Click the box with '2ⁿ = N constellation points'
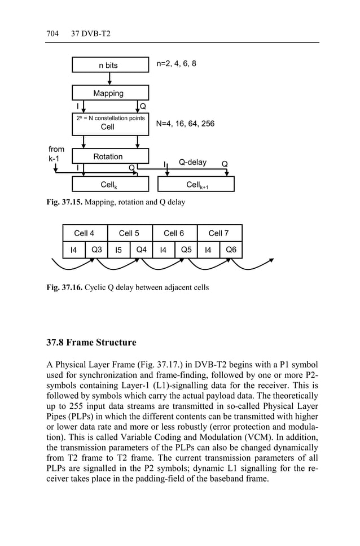110,123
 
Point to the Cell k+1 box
196,185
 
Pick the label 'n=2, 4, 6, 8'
176,64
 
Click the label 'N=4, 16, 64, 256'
185,123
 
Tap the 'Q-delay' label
192,163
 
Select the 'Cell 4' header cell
85,233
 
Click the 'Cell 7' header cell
219,233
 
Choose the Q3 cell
96,250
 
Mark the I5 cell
118,250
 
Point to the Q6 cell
231,250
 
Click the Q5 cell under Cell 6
186,250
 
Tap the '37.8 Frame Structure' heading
91,343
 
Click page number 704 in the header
52,34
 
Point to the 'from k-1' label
57,154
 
